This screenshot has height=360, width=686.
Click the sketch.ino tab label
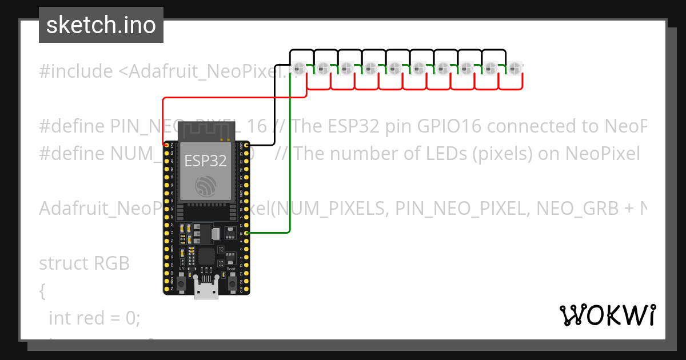coord(101,25)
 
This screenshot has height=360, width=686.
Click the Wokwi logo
coord(607,315)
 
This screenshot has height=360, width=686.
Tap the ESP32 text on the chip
coord(205,161)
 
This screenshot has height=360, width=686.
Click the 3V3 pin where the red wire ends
coord(166,144)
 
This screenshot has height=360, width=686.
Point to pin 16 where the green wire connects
coord(246,233)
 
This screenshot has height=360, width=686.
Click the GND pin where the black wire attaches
coord(246,144)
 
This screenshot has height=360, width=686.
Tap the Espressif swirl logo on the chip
coord(205,186)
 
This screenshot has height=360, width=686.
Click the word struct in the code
coord(60,263)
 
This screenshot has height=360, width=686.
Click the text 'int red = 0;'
coord(94,318)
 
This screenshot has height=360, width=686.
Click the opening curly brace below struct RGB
coord(42,291)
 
